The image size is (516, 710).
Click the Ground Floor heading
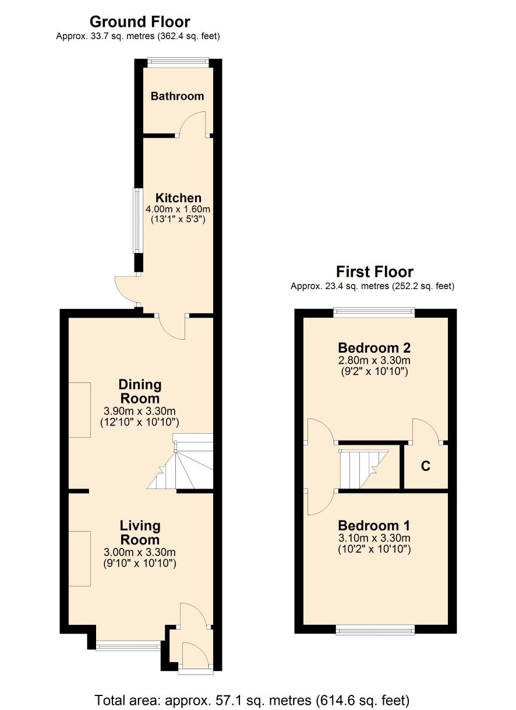[x=140, y=22]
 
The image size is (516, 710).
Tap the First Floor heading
[x=374, y=272]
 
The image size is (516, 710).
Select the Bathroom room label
[x=177, y=96]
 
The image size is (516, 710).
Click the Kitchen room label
[x=178, y=198]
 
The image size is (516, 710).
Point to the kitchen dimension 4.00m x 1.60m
[x=178, y=209]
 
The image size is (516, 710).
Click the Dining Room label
[x=140, y=392]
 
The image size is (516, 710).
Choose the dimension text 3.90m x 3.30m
[x=140, y=411]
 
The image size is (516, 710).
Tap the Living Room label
[x=140, y=533]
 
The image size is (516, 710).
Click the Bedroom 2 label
[x=374, y=347]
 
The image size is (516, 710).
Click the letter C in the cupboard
[x=425, y=466]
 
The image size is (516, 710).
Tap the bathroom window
[x=178, y=62]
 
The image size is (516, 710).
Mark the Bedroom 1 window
[x=375, y=630]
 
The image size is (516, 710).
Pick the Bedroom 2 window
[x=374, y=312]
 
